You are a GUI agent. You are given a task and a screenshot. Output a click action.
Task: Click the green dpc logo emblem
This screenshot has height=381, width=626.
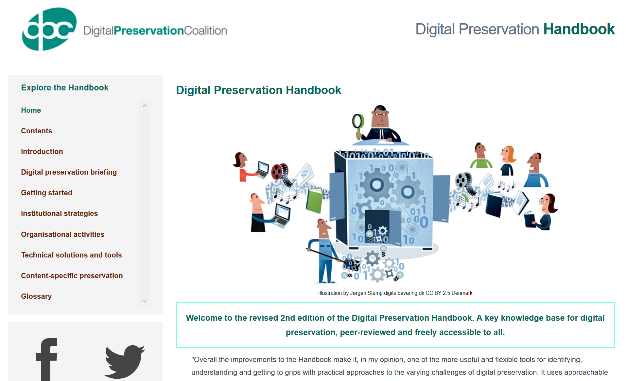49,29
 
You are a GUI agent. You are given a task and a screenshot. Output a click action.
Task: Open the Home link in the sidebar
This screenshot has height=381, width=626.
31,110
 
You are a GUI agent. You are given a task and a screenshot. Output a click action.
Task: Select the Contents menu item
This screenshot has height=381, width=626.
37,131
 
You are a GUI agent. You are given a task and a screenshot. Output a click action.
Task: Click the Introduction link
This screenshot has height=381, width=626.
42,152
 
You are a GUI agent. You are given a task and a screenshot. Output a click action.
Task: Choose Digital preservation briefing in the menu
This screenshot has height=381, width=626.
69,172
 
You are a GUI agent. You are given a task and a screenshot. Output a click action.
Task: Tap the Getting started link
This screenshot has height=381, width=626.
46,193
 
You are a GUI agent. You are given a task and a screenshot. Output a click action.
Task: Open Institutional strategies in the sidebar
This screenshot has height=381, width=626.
59,214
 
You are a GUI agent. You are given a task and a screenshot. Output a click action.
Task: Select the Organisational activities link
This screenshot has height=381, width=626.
62,235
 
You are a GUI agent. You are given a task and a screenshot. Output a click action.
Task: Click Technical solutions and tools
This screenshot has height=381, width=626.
71,255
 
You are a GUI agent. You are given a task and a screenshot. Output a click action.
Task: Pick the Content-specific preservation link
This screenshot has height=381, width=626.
72,276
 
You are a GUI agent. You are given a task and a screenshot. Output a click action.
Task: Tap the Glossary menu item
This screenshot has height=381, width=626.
36,296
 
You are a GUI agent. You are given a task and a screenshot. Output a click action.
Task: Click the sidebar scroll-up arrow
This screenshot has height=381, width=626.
145,105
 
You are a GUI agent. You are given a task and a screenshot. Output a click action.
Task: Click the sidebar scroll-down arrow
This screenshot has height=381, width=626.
145,301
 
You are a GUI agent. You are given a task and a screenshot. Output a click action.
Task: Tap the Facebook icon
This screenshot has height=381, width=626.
46,359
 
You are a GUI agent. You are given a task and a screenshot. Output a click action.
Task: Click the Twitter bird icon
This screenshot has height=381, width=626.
125,361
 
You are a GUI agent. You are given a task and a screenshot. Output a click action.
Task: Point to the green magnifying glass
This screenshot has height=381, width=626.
358,124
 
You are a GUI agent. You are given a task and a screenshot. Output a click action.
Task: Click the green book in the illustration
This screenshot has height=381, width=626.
315,200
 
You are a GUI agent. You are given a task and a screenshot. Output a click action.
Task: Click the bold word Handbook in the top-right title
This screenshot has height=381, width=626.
579,29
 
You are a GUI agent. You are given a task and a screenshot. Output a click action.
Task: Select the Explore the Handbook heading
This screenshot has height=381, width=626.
65,88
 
